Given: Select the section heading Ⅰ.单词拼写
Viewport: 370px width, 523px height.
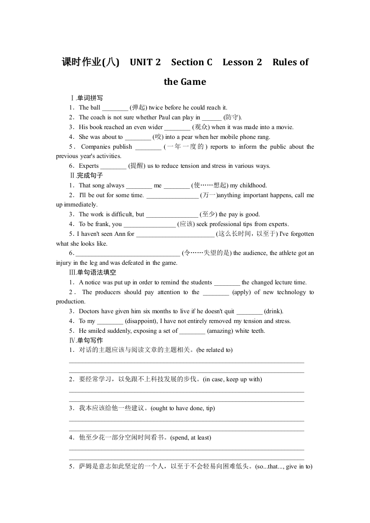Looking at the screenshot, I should pyautogui.click(x=86, y=98).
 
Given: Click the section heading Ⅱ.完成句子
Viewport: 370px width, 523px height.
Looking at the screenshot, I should pyautogui.click(x=86, y=175).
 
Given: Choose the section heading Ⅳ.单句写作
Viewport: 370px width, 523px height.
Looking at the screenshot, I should pyautogui.click(x=86, y=340).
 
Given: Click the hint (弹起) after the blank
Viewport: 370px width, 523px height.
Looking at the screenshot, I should pyautogui.click(x=138, y=108).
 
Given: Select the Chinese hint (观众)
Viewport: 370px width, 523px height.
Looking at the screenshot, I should pyautogui.click(x=201, y=127).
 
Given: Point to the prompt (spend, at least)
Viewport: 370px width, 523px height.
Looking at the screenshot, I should pyautogui.click(x=190, y=438).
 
